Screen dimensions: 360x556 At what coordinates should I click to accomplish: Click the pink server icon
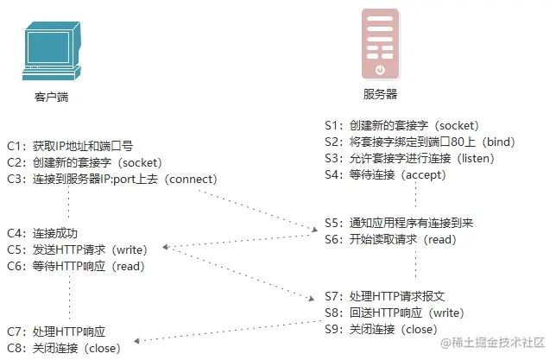click(380, 43)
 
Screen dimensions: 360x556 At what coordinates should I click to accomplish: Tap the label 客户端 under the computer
click(51, 98)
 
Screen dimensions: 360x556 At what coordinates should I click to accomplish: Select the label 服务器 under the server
click(380, 93)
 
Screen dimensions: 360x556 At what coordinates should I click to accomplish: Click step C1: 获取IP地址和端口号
click(70, 146)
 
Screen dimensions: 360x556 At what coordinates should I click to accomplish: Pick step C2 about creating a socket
click(84, 162)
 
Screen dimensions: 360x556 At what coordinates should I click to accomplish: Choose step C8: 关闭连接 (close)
click(64, 348)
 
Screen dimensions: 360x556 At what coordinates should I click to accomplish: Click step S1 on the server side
click(401, 125)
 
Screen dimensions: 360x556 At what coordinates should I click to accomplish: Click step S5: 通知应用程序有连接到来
click(398, 223)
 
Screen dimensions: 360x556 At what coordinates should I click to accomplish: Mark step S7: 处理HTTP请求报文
click(384, 296)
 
